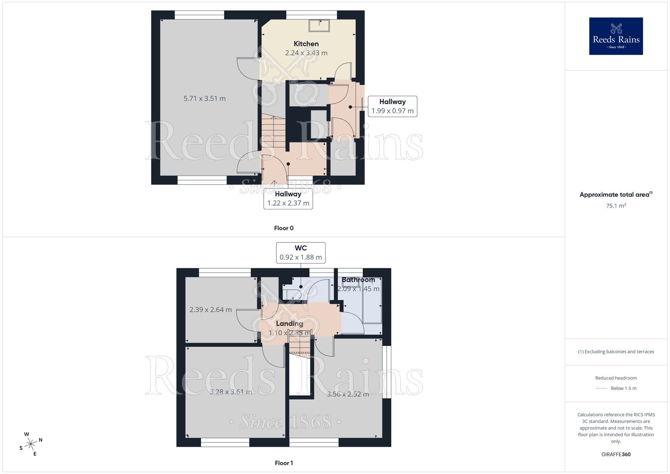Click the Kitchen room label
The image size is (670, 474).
[x=306, y=44]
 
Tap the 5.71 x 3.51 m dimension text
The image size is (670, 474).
[x=204, y=99]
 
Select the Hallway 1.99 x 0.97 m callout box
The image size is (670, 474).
[x=392, y=106]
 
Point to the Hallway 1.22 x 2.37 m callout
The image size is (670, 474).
[x=288, y=199]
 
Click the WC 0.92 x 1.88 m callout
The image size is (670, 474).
[x=300, y=253]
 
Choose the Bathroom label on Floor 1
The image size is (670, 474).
[x=358, y=280]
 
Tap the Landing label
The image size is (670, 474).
[x=289, y=323]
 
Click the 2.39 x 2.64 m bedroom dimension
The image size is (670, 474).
[x=210, y=310]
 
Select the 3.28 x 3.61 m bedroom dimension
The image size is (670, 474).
[x=231, y=392]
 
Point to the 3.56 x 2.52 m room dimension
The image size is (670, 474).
[x=348, y=394]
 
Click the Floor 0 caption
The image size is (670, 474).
[x=284, y=228]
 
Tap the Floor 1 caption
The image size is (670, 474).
[x=284, y=463]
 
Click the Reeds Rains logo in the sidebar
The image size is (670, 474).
[x=616, y=36]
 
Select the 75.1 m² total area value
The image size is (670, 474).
[x=616, y=206]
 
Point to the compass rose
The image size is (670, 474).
[x=31, y=444]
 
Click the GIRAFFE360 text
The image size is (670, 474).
[x=616, y=455]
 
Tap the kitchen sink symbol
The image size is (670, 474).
[x=319, y=25]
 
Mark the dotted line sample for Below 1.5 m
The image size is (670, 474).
[x=601, y=389]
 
